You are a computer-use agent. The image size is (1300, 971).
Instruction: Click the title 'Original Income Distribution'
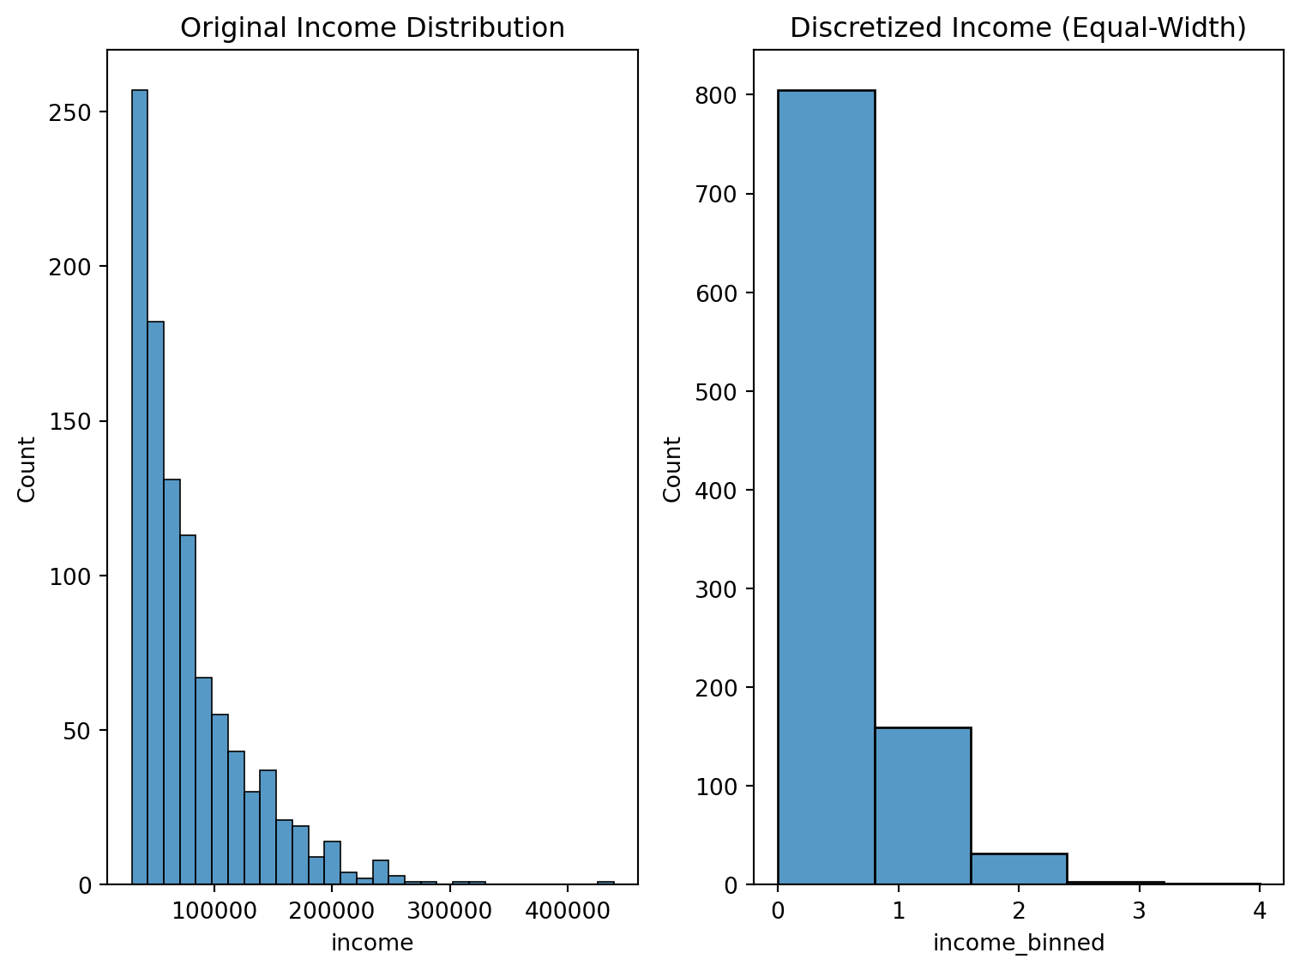372,28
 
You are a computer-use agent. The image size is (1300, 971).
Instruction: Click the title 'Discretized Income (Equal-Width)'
1018,28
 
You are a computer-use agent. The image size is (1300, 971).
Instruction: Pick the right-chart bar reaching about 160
923,806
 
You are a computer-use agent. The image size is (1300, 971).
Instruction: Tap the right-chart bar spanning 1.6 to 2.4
1019,869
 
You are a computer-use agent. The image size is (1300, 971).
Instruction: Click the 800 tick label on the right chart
716,95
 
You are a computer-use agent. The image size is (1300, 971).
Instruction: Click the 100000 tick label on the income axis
214,908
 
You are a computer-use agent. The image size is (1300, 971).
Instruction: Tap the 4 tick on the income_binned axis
1259,908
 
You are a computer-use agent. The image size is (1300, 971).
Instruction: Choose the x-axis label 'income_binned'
1018,944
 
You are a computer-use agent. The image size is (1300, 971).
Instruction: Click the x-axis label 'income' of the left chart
372,944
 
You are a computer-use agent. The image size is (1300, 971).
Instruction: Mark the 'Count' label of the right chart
673,469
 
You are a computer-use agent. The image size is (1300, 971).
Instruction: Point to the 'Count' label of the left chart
27,469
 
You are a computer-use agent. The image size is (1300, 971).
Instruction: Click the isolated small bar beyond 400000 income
605,883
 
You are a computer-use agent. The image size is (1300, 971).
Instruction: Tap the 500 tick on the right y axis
716,392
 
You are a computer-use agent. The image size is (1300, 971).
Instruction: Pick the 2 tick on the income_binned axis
1019,908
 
